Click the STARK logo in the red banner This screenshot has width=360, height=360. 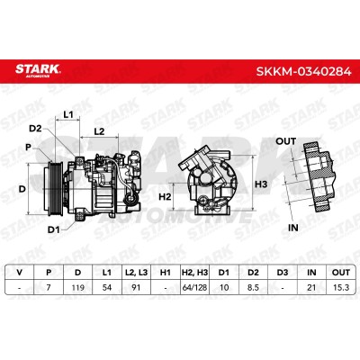[x=38, y=70]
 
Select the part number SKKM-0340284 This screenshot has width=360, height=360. [x=303, y=72]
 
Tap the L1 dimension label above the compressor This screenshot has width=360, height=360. [x=68, y=114]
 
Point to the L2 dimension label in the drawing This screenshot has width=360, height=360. [x=99, y=131]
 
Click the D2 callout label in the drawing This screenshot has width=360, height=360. [x=35, y=129]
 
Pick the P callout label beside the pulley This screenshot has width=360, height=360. [x=28, y=148]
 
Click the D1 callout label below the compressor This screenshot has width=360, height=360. [x=54, y=230]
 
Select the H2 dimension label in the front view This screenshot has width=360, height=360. [x=165, y=196]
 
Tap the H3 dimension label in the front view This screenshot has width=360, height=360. [x=261, y=184]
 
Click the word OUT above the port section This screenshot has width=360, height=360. [x=285, y=141]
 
